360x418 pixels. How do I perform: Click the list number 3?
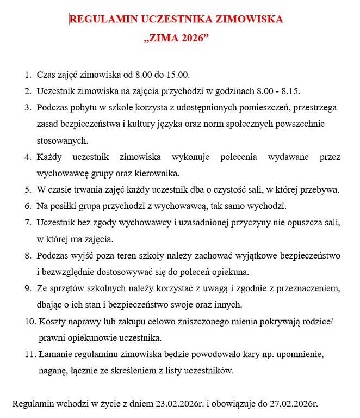pos(28,108)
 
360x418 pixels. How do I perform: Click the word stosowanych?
pos(61,140)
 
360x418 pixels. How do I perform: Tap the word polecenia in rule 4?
pos(237,157)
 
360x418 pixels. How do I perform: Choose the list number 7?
pos(28,223)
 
